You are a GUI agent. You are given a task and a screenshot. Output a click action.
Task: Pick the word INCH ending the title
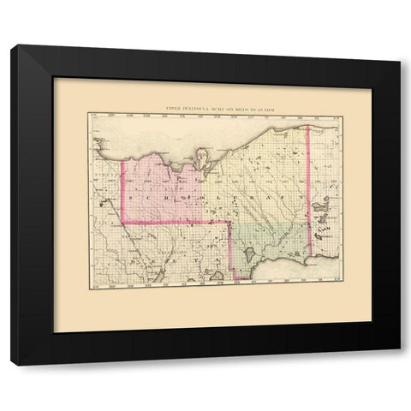tap(268, 108)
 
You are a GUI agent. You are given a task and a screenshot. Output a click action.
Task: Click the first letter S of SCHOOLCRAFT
tap(129, 196)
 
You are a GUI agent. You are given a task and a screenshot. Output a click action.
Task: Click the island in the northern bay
tap(204, 157)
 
